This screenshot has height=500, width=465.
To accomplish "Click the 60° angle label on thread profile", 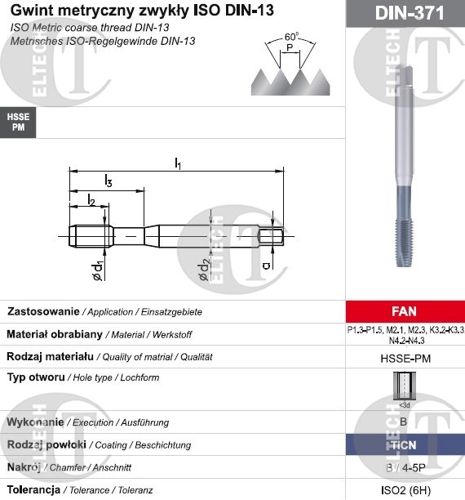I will click(x=292, y=36).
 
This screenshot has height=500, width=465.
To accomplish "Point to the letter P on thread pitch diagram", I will click(x=290, y=47).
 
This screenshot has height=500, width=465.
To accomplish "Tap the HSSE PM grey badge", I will click(x=18, y=123).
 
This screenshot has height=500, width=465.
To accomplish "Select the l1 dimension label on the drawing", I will click(x=179, y=163).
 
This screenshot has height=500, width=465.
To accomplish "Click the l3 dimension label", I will click(x=108, y=181).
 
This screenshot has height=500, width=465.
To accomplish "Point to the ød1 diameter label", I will click(x=96, y=271).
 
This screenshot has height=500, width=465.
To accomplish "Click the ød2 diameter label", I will click(x=206, y=270).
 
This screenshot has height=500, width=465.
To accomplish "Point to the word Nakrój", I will click(x=24, y=467).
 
